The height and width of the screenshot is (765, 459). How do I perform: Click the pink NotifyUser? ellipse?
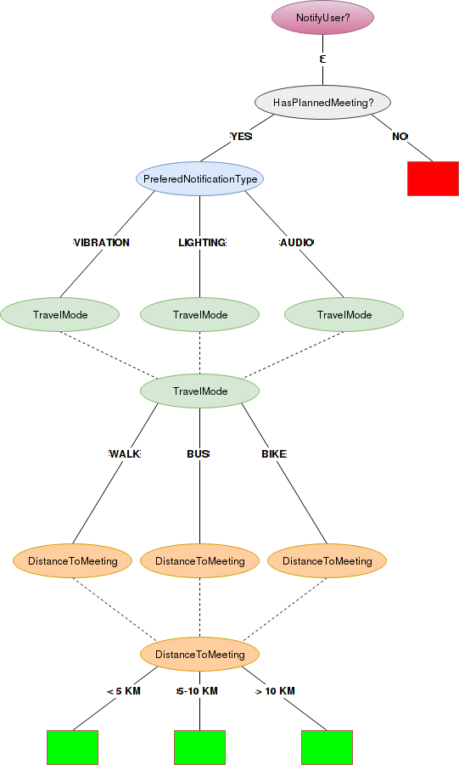[322, 18]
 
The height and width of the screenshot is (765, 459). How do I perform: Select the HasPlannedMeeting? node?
[322, 103]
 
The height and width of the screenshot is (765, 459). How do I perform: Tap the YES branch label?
[241, 137]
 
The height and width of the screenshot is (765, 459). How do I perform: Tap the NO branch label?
[400, 137]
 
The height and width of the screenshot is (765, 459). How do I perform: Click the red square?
[433, 178]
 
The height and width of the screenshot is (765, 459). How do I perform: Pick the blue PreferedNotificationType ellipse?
[199, 179]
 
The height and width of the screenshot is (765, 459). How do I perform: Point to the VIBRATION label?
[102, 243]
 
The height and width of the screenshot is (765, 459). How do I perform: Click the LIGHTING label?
[202, 243]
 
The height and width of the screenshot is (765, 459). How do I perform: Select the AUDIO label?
[296, 243]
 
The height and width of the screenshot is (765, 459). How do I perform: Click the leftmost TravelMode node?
[59, 315]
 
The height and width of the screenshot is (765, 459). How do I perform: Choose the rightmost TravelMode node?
[344, 315]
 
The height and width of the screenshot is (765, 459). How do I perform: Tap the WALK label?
[124, 454]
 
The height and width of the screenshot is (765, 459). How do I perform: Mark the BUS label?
[198, 454]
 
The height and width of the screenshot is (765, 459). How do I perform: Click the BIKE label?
[273, 454]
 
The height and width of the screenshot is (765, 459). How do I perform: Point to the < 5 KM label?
[124, 691]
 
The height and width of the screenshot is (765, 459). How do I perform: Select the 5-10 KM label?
[198, 691]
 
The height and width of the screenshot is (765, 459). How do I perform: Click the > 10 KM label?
[276, 691]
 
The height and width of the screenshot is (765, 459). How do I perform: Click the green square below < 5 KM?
[72, 747]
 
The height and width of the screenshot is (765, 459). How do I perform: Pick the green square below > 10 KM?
[327, 747]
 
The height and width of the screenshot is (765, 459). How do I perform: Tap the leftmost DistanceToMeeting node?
[72, 561]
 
